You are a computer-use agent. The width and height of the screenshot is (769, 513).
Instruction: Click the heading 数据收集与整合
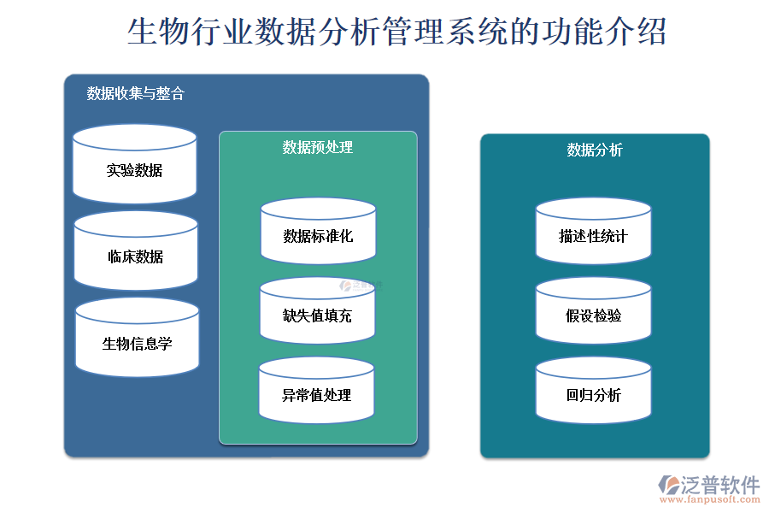[x=135, y=94]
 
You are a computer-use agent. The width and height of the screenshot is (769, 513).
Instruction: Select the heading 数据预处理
[x=318, y=148]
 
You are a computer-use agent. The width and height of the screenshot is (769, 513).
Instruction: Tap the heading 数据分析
[x=595, y=150]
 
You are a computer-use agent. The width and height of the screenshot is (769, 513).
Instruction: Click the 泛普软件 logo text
[x=719, y=485]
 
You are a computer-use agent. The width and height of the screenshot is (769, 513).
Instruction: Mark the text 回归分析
[x=593, y=395]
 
